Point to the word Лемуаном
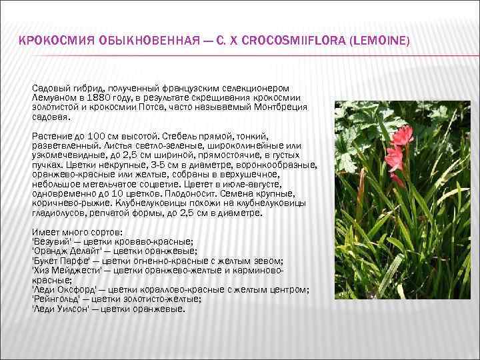click(x=53, y=97)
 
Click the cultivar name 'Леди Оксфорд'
click(x=64, y=289)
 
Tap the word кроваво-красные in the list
click(x=156, y=242)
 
